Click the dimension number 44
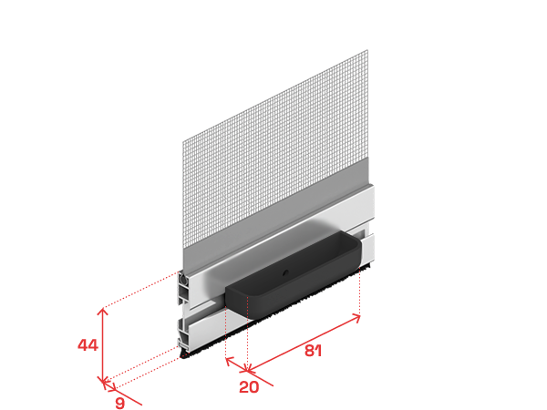pos(88,345)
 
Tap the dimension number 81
pos(313,351)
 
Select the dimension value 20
pos(249,387)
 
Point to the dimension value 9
pos(119,403)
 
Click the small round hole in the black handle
pos(285,273)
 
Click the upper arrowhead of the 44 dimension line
pos(102,311)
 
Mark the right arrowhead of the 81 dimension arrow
pos(356,318)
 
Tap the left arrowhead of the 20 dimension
pos(229,361)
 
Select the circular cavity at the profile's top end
pos(182,278)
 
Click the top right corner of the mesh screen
pos(367,50)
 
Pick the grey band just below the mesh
pos(275,210)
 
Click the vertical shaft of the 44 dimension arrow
pos(102,345)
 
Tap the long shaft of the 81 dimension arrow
pos(304,343)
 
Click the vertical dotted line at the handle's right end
pos(359,292)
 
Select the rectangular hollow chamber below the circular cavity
pos(183,292)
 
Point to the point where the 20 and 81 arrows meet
pos(247,370)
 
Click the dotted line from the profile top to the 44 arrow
pos(141,290)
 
